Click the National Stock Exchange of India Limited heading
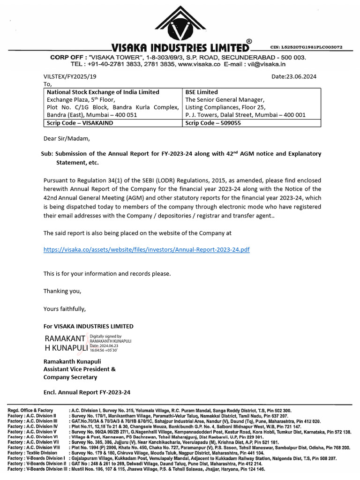pyautogui.click(x=103, y=92)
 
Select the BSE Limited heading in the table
pyautogui.click(x=202, y=92)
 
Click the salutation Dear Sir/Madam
pyautogui.click(x=66, y=138)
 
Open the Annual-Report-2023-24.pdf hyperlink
pyautogui.click(x=146, y=250)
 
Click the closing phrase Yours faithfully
pyautogui.click(x=65, y=308)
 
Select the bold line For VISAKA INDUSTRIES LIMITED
pyautogui.click(x=88, y=326)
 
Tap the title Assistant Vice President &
pyautogui.click(x=80, y=369)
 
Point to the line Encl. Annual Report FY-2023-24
pyautogui.click(x=87, y=392)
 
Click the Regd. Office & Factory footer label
pyautogui.click(x=31, y=410)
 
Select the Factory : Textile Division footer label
pyautogui.click(x=33, y=453)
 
